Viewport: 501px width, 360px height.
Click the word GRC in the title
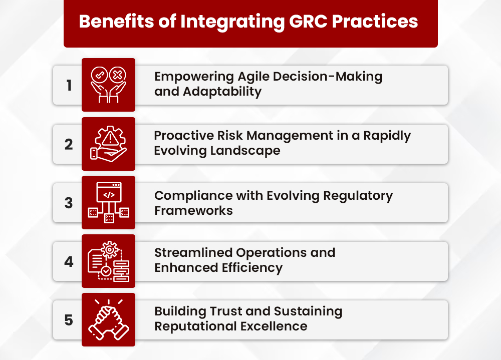(309, 22)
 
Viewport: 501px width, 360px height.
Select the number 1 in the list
(69, 86)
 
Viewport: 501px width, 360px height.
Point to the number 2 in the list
(69, 144)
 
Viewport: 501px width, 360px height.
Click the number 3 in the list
(69, 203)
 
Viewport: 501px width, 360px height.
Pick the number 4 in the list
(69, 262)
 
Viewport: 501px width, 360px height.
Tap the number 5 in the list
(69, 320)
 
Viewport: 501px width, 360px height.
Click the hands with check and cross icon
(108, 85)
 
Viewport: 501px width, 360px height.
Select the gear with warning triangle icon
(108, 144)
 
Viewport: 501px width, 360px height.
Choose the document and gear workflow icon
(108, 261)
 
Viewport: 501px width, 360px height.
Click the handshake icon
(108, 320)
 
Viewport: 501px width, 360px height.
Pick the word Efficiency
(253, 268)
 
